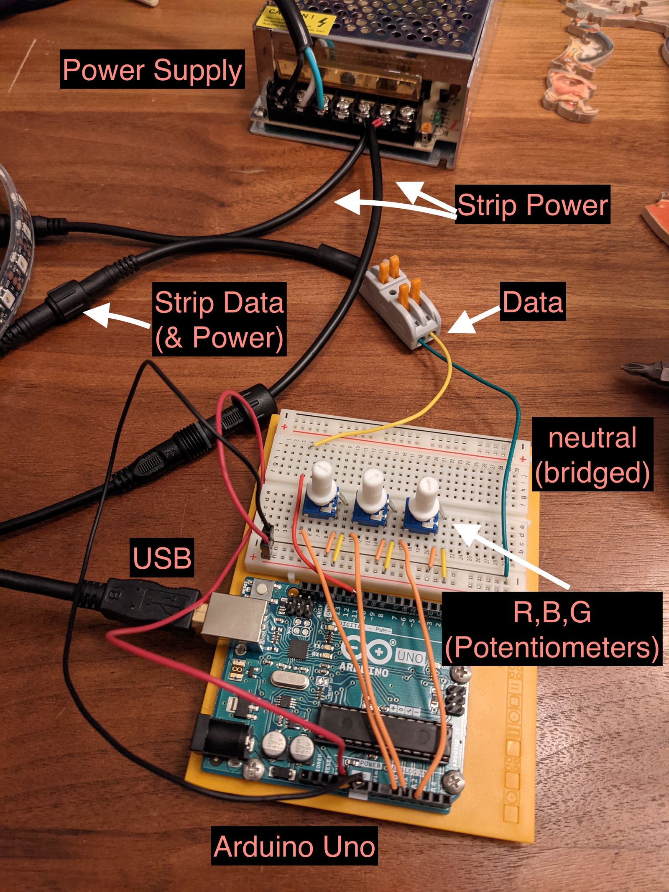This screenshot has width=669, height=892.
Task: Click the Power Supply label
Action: (152, 69)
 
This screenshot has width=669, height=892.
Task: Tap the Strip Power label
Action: (532, 205)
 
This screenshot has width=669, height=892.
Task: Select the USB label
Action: (162, 557)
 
